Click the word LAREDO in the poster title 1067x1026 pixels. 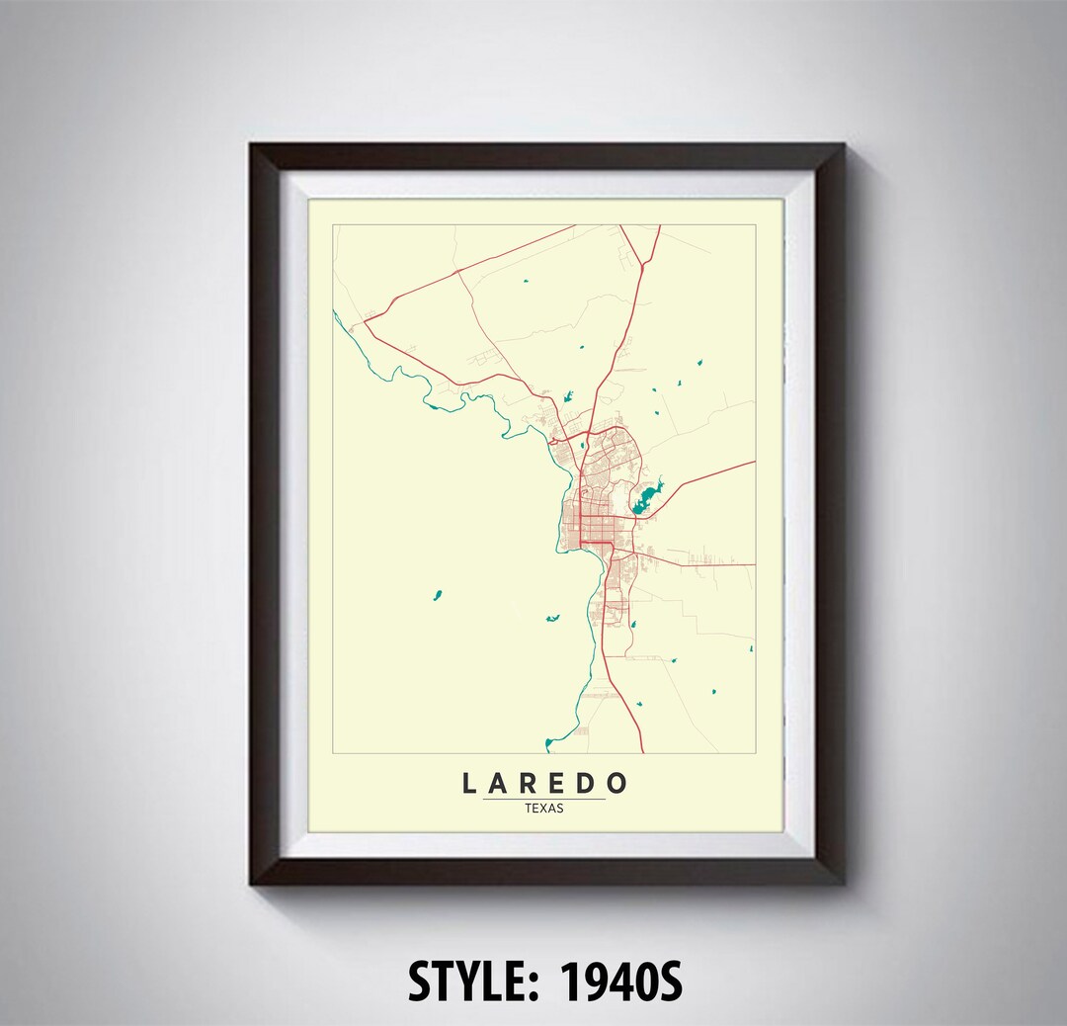click(544, 784)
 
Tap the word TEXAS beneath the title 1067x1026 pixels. click(544, 808)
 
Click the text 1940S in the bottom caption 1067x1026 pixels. click(621, 983)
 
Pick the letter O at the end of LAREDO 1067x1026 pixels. click(616, 784)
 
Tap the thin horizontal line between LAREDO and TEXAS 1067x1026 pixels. click(544, 799)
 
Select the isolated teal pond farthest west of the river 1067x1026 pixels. click(436, 595)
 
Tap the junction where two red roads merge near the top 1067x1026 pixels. click(642, 264)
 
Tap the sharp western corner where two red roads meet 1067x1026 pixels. click(365, 319)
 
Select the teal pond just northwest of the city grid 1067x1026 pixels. click(568, 397)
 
